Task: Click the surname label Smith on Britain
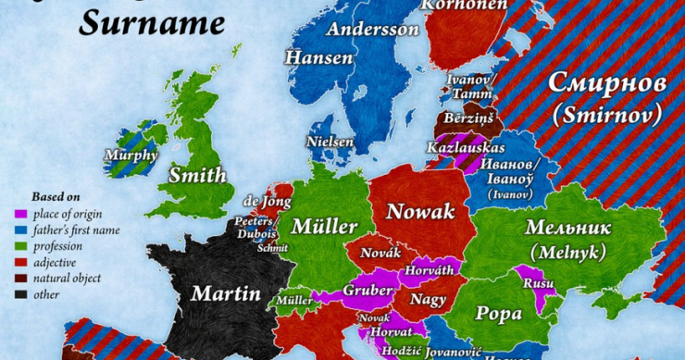click(197, 175)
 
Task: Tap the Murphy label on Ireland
click(131, 155)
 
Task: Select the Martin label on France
click(226, 294)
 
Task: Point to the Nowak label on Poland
click(420, 212)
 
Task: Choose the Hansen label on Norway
click(318, 57)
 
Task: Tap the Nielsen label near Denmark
click(331, 142)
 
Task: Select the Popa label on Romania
click(499, 313)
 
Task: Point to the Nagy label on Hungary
click(428, 299)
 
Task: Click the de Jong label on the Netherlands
click(261, 201)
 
